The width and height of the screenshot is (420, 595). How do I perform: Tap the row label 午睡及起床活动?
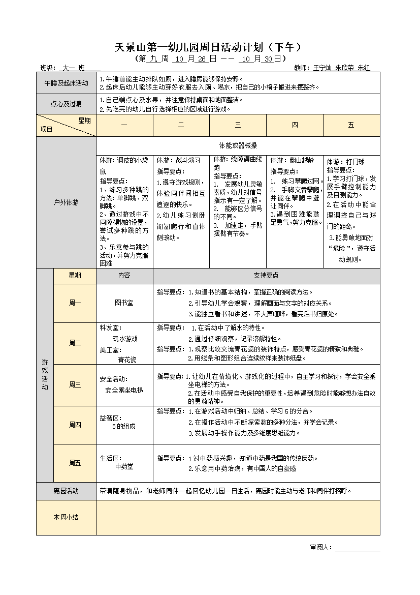coord(66,83)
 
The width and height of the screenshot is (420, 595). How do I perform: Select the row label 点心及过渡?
coord(66,104)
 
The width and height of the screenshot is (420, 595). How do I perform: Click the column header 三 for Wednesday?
coord(238,125)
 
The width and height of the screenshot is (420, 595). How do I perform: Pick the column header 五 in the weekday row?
coord(351,125)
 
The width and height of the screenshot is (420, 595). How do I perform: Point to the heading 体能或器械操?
coord(238,145)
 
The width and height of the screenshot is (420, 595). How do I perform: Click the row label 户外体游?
coord(66,202)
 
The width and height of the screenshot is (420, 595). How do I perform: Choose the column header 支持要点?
coord(266,275)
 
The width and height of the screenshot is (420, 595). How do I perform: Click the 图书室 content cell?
coord(124,303)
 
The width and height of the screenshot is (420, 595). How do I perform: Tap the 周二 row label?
coord(75,343)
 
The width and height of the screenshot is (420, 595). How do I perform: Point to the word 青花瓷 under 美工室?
coord(127,359)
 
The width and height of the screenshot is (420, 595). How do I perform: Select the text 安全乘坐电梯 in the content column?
coord(124,390)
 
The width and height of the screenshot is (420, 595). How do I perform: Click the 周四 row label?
coord(75,425)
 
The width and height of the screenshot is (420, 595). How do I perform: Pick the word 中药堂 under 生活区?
coord(124,466)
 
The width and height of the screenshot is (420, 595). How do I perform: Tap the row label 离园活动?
coord(66,491)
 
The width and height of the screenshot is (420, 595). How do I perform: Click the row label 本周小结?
coord(66,517)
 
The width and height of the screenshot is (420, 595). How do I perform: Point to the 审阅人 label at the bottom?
coord(320,547)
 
